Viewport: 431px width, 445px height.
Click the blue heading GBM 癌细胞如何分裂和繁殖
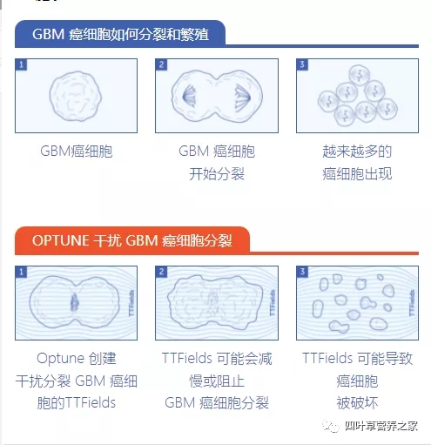click(x=120, y=35)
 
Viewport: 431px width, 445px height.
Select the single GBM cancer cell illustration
click(x=77, y=96)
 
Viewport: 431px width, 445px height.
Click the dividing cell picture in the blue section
click(x=216, y=96)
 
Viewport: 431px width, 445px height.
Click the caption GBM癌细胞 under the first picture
click(x=77, y=152)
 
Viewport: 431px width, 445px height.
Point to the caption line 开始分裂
click(x=217, y=173)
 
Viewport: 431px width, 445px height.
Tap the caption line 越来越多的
click(x=357, y=152)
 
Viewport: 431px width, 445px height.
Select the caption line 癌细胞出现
click(x=357, y=173)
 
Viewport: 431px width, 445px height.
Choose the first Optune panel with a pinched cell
click(x=77, y=302)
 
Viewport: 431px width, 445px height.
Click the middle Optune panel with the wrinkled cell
click(x=216, y=302)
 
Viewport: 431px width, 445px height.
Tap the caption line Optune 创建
click(x=77, y=358)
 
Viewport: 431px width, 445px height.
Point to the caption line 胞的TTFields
click(x=77, y=402)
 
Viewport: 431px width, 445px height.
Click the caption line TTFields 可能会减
click(x=217, y=358)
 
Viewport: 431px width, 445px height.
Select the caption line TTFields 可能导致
click(x=357, y=358)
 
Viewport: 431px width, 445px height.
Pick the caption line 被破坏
click(x=357, y=402)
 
